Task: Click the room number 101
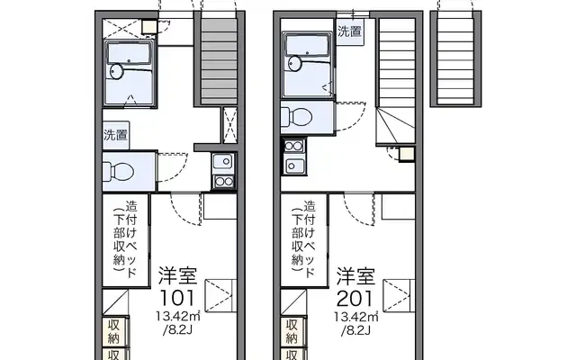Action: coord(177,298)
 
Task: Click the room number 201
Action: coord(355,298)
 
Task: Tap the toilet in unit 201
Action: coord(296,117)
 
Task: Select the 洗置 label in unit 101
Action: coord(116,135)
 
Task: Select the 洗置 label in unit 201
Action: coord(349,31)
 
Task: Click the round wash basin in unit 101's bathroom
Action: coord(117,71)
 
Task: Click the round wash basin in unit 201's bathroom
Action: coord(295,63)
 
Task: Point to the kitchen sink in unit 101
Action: coord(223,161)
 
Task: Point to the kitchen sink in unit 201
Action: coord(294,166)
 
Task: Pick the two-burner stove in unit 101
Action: coord(224,182)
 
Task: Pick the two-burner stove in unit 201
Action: coord(294,146)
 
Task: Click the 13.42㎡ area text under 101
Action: coord(178,316)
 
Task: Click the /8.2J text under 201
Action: coord(355,330)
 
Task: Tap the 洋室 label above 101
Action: coord(178,276)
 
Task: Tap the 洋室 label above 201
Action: coord(356,276)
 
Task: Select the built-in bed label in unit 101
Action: coord(125,238)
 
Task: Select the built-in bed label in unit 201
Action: coord(303,238)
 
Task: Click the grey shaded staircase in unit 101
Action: coord(220,62)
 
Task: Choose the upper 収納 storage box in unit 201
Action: coord(292,330)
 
